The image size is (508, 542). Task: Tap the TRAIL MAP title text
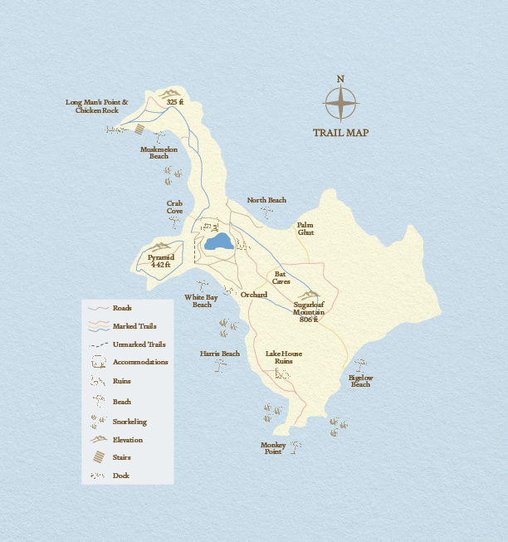pyautogui.click(x=340, y=133)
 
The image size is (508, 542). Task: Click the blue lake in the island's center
pyautogui.click(x=218, y=242)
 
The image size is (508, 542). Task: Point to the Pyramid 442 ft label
pyautogui.click(x=161, y=261)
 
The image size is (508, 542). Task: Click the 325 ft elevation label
pyautogui.click(x=174, y=101)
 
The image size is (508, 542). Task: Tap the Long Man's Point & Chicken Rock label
pyautogui.click(x=97, y=106)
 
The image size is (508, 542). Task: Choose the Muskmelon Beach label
pyautogui.click(x=159, y=153)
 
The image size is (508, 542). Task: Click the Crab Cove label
pyautogui.click(x=174, y=207)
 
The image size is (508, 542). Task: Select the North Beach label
pyautogui.click(x=266, y=200)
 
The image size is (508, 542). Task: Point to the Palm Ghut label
pyautogui.click(x=306, y=229)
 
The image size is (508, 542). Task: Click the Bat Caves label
pyautogui.click(x=281, y=278)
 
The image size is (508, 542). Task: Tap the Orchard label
pyautogui.click(x=254, y=295)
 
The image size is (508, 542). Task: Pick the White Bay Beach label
pyautogui.click(x=202, y=300)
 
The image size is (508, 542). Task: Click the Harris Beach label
pyautogui.click(x=220, y=354)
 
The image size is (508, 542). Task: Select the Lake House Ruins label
pyautogui.click(x=284, y=358)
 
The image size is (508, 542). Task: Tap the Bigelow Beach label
pyautogui.click(x=360, y=381)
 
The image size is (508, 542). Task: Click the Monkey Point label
pyautogui.click(x=273, y=448)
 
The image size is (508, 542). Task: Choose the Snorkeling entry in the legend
pyautogui.click(x=129, y=422)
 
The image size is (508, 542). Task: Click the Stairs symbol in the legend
pyautogui.click(x=98, y=457)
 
